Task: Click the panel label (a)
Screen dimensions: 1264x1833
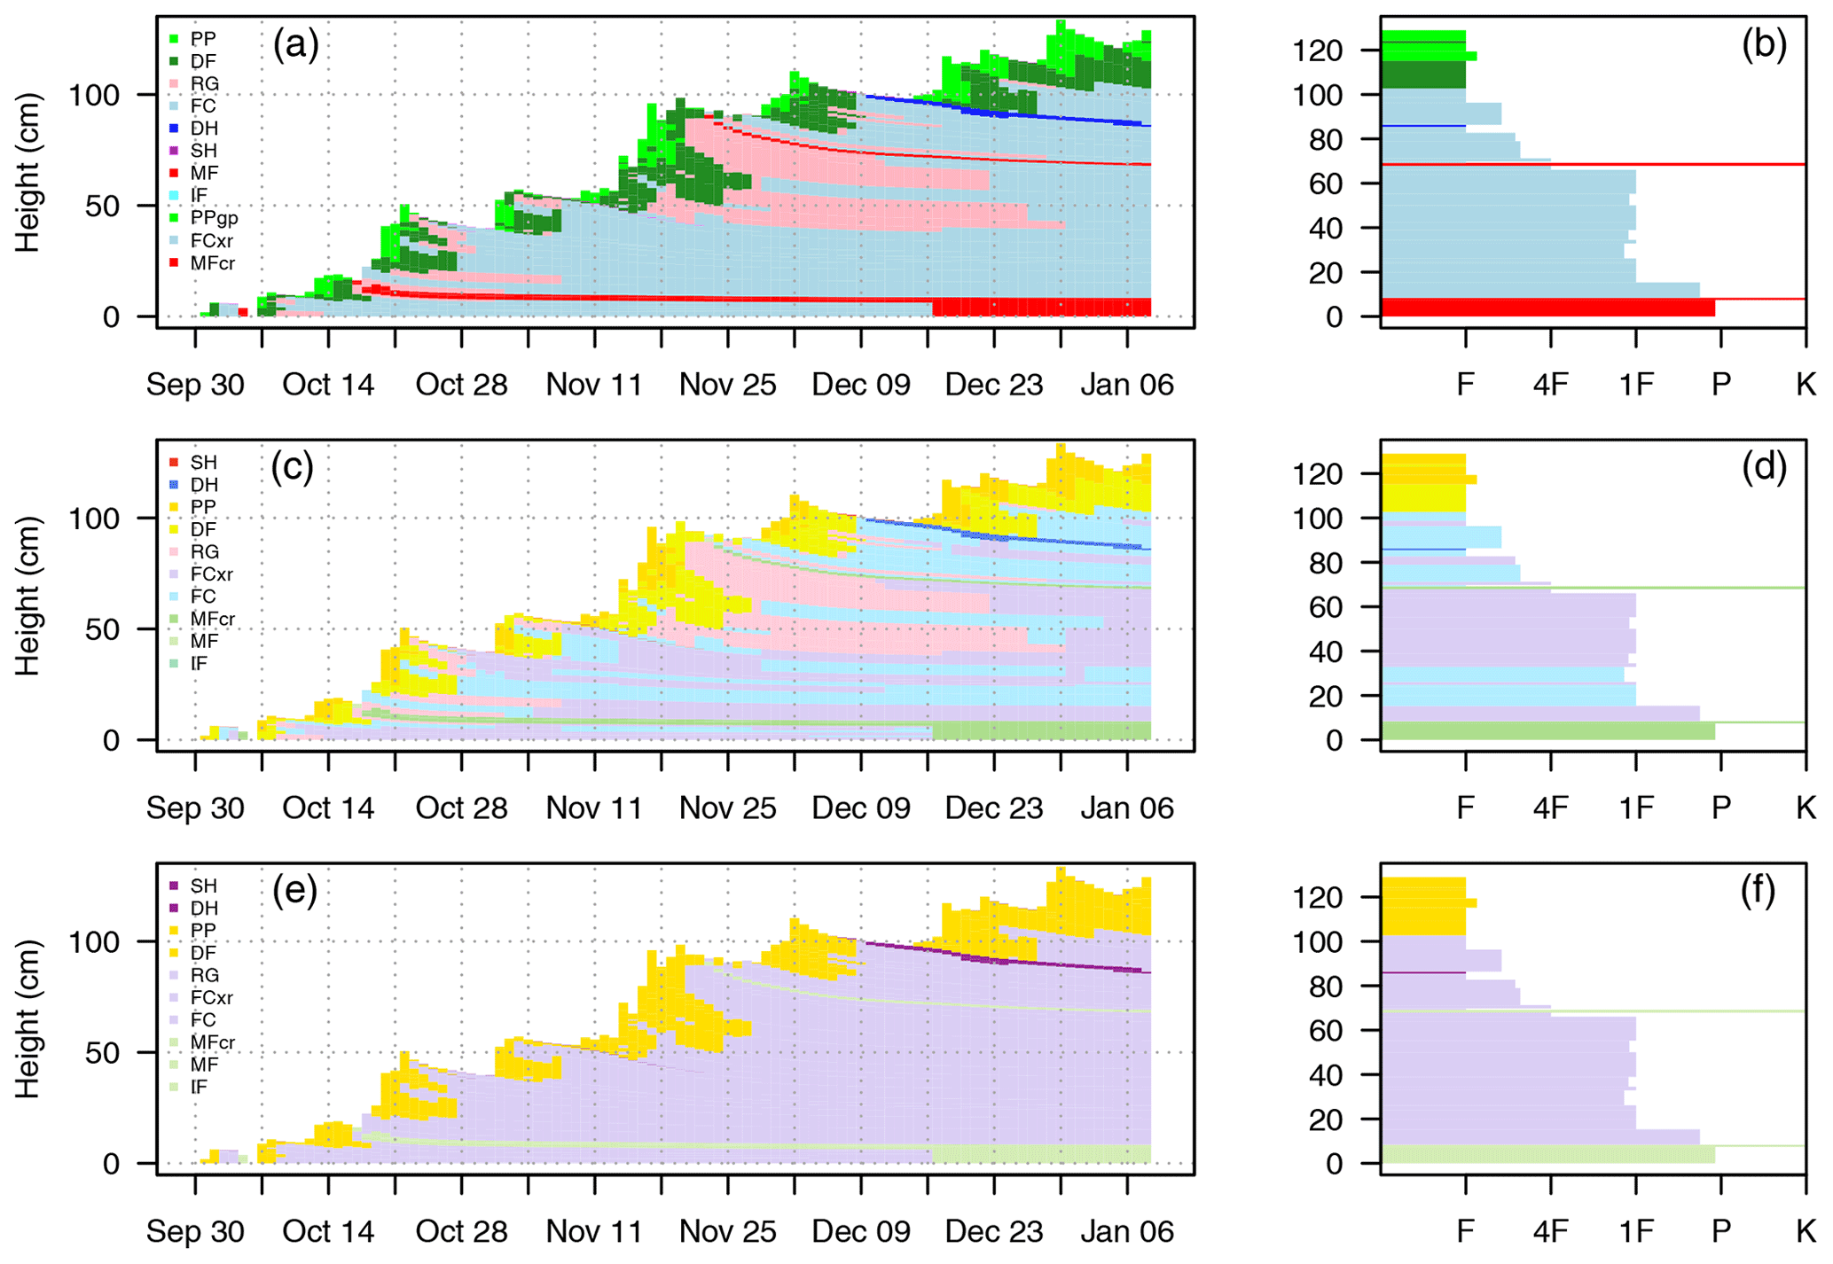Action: coord(295,43)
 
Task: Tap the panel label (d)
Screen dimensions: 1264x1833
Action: coord(1764,466)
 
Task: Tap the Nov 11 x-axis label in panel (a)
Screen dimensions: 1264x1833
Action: coord(594,385)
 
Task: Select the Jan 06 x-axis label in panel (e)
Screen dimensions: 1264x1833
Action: coord(1126,1231)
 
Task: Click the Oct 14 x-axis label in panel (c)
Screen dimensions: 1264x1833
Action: coord(328,808)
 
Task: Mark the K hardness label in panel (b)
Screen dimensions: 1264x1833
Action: coord(1806,385)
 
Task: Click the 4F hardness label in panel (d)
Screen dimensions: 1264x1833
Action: coord(1550,808)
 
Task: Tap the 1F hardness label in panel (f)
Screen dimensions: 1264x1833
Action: coord(1635,1231)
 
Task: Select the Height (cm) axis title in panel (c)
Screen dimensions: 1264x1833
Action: coord(28,596)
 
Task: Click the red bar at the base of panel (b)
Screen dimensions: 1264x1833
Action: coord(1547,308)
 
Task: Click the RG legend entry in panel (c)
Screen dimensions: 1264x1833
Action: coord(203,551)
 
